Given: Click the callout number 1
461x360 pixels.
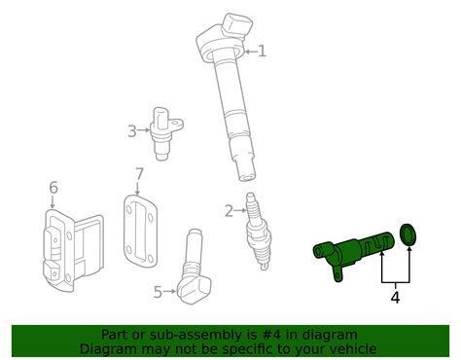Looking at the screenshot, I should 261,51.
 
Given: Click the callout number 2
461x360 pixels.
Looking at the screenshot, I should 229,210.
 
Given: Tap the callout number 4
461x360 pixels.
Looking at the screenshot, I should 395,298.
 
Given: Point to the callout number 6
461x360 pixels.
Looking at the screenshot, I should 53,187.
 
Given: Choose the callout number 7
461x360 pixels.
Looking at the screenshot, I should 139,174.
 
